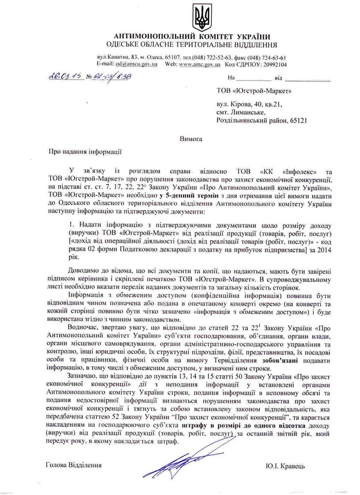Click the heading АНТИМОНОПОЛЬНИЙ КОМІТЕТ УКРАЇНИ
click(x=192, y=36)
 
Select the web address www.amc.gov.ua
click(x=200, y=64)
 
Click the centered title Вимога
click(x=191, y=139)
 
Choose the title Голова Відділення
click(x=73, y=466)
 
